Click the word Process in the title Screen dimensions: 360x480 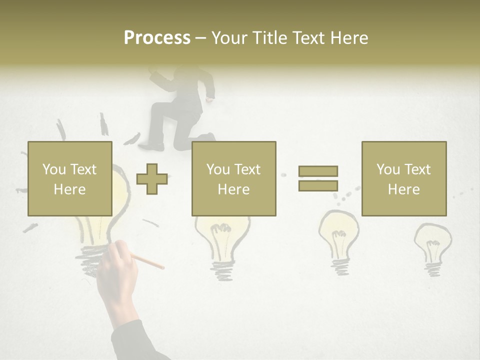(x=157, y=38)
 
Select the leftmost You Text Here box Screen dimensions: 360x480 (x=70, y=178)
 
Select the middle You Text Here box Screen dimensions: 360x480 (x=234, y=178)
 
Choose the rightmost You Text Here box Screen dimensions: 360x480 (x=404, y=178)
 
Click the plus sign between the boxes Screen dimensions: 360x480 (x=152, y=178)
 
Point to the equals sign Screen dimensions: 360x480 (x=318, y=178)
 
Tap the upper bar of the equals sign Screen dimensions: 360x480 (x=318, y=171)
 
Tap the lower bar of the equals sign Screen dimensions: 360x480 (x=318, y=185)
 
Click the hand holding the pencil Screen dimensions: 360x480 (x=117, y=272)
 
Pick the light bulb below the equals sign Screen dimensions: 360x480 (x=339, y=240)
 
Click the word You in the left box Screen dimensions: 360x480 (x=53, y=169)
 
